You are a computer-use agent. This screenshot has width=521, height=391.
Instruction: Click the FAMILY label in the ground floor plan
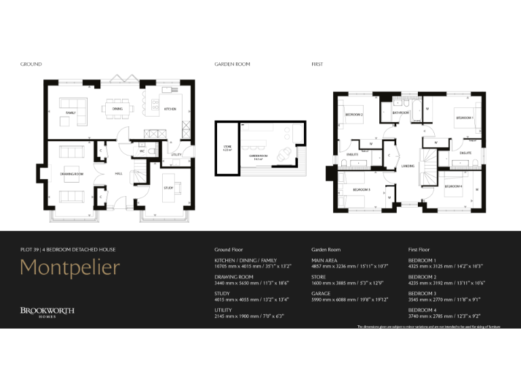tap(71, 111)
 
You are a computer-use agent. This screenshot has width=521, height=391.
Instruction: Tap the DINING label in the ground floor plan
tap(117, 109)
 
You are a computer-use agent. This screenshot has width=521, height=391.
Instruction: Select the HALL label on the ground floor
tap(118, 174)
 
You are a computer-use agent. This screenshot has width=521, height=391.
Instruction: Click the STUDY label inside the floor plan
tap(168, 187)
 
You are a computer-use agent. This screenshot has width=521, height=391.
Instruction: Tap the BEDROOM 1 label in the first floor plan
tap(464, 117)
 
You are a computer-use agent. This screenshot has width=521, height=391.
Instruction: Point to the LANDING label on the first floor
tap(408, 166)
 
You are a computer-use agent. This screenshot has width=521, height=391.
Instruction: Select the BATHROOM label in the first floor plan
tap(400, 113)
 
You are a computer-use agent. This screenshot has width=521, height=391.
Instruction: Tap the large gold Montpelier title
tap(70, 267)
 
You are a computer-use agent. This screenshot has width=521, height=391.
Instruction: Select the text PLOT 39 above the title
tap(30, 250)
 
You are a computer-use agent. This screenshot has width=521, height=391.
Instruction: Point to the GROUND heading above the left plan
tap(31, 64)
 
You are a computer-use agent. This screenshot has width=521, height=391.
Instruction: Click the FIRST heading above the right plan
tap(317, 64)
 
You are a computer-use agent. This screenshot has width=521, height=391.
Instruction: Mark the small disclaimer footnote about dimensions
tap(429, 327)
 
